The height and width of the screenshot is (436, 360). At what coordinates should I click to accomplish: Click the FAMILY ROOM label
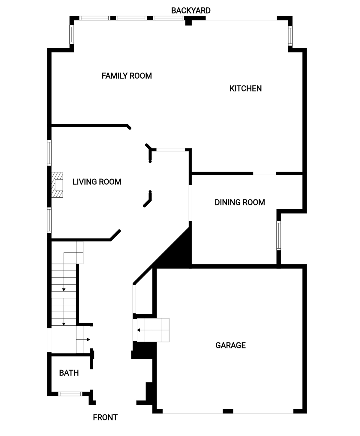point(127,76)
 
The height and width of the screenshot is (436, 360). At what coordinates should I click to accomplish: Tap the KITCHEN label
point(245,88)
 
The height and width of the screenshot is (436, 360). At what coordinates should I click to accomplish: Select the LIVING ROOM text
point(97,182)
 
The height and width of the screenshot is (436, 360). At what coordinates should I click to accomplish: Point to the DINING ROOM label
point(240,202)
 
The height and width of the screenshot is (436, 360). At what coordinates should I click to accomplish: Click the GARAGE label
point(230,345)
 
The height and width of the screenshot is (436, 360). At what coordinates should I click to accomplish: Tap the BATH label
point(69,373)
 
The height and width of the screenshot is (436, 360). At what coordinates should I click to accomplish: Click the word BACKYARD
point(191,11)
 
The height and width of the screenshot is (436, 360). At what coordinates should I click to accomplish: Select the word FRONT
point(105,417)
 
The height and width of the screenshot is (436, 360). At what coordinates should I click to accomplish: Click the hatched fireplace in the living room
point(57,185)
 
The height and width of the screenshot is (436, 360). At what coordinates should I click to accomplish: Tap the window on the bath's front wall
point(70,394)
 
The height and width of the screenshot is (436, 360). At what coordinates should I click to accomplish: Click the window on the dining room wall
point(278,235)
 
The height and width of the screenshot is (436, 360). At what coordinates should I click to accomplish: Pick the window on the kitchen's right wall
point(290,36)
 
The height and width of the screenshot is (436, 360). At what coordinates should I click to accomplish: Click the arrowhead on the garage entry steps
point(138,330)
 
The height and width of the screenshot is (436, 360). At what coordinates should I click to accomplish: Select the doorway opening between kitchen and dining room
point(265,173)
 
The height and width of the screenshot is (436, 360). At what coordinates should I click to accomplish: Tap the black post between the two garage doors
point(228,411)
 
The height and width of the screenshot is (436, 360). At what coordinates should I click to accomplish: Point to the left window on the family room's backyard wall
point(94,18)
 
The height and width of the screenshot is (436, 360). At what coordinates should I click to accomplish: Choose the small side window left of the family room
point(72,34)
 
